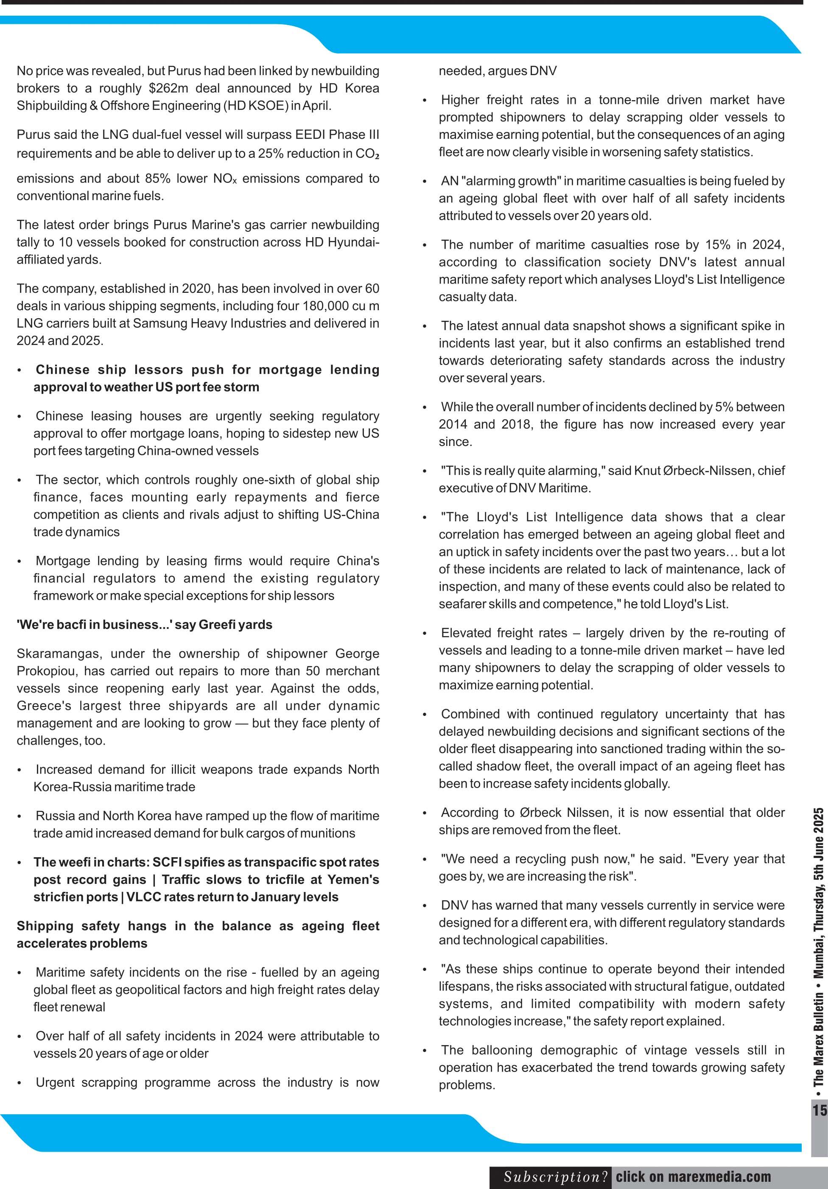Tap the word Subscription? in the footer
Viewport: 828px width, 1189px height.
tap(556, 1177)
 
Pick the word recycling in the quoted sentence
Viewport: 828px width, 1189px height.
tap(529, 858)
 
